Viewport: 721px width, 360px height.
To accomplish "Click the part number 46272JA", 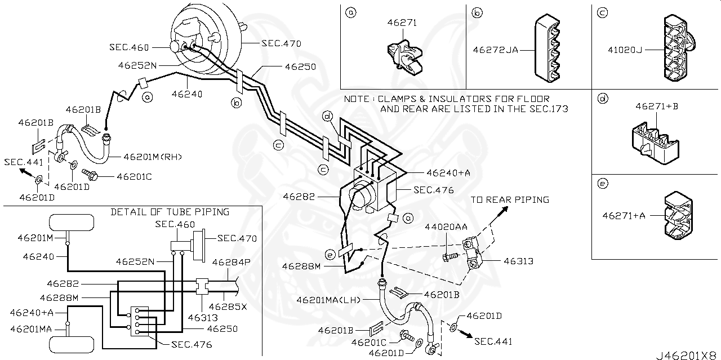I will click(x=495, y=50).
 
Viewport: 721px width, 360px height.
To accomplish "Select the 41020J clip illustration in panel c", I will click(x=679, y=49).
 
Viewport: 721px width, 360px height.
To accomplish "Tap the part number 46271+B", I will click(x=656, y=106).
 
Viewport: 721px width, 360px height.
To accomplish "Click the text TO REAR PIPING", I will click(x=510, y=199).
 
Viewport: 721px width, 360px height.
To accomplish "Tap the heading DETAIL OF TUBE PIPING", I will click(x=170, y=212).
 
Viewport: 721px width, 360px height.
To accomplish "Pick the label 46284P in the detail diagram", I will click(x=231, y=262).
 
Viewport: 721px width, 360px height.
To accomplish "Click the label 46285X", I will click(x=228, y=307).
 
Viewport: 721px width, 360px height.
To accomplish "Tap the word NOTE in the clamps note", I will click(x=357, y=99).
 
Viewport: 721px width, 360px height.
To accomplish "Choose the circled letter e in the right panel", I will click(x=602, y=183).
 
